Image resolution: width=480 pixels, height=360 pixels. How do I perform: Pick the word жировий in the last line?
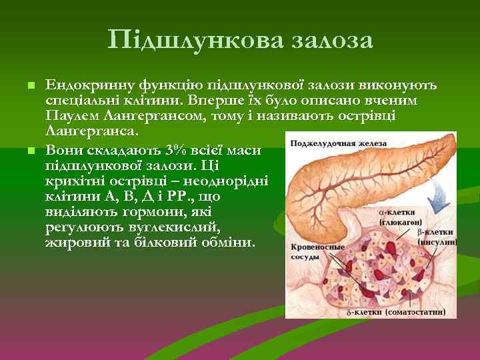pos(73,242)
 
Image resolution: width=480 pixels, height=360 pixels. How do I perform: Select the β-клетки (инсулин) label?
pos(437,237)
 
